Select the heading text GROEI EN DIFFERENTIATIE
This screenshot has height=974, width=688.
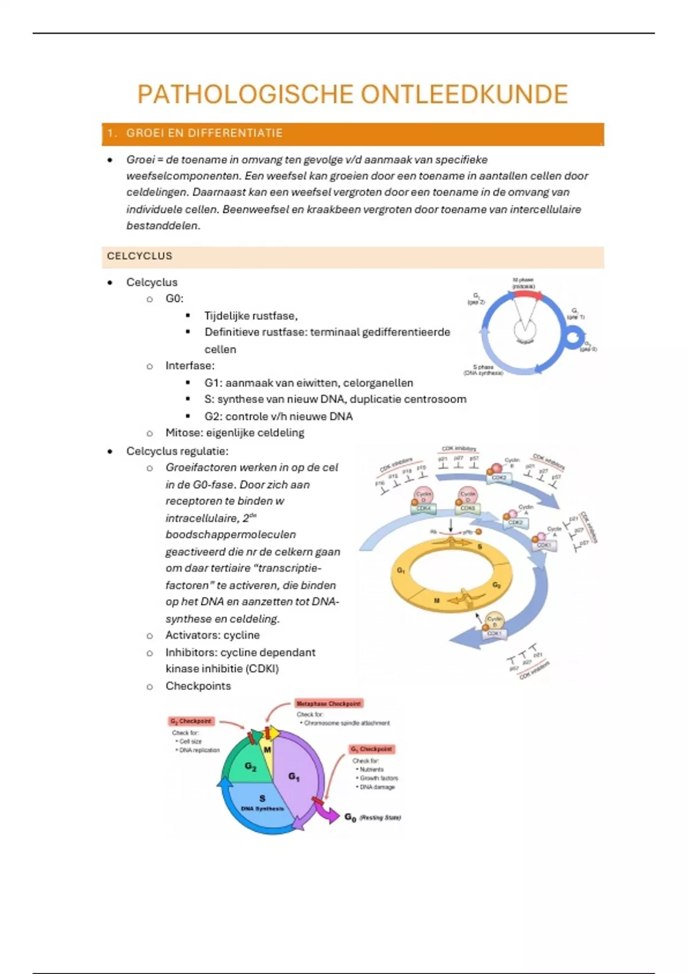coord(204,133)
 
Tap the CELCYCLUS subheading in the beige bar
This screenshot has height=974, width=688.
coord(139,256)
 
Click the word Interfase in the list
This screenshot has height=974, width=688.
coord(189,366)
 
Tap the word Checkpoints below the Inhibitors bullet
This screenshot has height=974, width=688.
coord(198,686)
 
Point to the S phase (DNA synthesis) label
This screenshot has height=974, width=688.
coord(483,370)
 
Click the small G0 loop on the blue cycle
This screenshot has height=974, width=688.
coord(573,337)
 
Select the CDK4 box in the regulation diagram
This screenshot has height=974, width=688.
coord(424,508)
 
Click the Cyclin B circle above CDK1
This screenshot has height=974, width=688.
coord(494,620)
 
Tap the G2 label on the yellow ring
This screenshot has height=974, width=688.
coord(497,585)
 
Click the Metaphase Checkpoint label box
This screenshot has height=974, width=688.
coord(329,704)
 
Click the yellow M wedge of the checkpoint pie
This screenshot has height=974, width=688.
coord(267,749)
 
